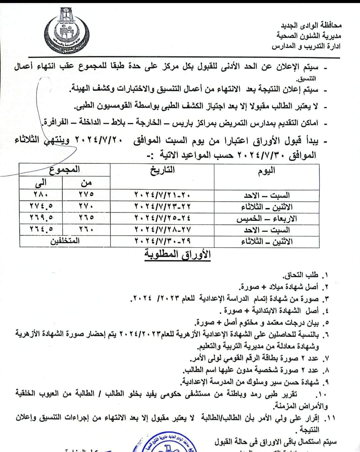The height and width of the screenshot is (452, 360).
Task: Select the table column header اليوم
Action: (x=266, y=171)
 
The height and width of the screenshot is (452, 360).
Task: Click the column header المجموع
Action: (x=65, y=169)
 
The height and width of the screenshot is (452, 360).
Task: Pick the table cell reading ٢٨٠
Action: (x=41, y=194)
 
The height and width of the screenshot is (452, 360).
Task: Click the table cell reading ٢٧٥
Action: (x=86, y=194)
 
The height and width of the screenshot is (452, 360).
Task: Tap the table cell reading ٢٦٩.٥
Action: (x=41, y=218)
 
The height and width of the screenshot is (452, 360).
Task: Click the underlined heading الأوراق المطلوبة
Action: (x=177, y=255)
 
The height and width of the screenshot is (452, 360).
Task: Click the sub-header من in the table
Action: (x=86, y=183)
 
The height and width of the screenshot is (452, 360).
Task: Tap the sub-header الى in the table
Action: (x=41, y=183)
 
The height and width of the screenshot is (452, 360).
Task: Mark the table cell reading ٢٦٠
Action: (x=86, y=229)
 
